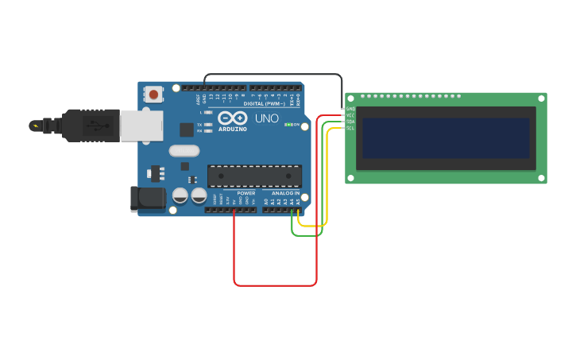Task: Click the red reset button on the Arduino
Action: coord(153,94)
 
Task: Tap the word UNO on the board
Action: coord(267,118)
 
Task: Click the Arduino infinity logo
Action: coord(233,118)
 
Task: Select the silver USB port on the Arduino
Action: coord(141,126)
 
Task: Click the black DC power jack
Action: coord(148,199)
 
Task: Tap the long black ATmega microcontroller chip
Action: coord(254,176)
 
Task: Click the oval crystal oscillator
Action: coord(184,150)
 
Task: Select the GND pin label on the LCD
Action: coord(350,109)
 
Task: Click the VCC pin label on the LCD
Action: coord(350,115)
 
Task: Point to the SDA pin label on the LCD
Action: coord(350,122)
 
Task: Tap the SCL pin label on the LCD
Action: coord(350,128)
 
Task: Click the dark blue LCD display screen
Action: coord(446,138)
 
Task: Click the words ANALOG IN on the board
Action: coord(286,193)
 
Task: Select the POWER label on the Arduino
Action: coord(246,193)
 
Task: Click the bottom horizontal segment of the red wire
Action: coord(275,285)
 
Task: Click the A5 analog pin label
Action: coord(298,202)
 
